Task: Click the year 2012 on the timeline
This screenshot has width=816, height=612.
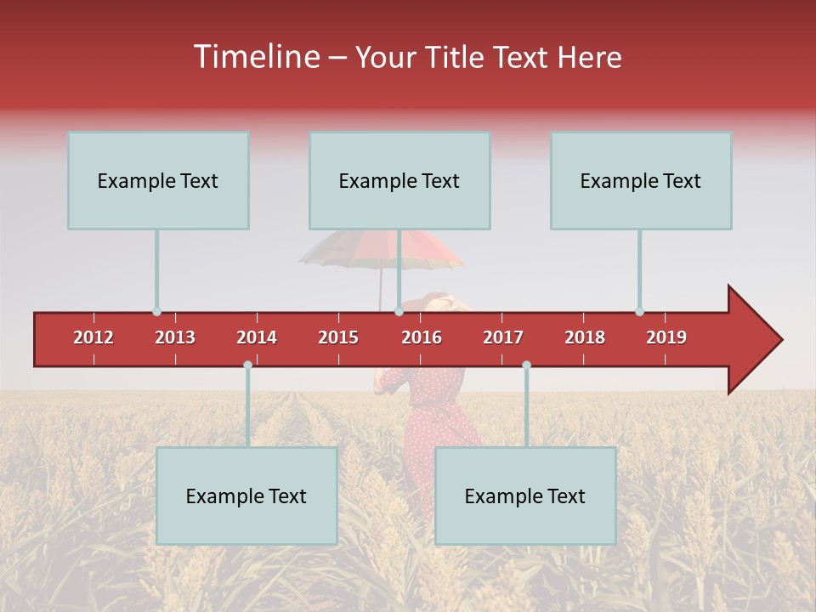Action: tap(93, 337)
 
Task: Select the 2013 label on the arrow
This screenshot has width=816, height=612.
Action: tap(175, 337)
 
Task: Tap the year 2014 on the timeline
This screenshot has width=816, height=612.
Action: tap(257, 337)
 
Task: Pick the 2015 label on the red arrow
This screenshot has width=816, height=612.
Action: tap(338, 337)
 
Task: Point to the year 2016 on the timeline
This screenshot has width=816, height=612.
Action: tap(422, 337)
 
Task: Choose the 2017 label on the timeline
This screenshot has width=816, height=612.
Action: tap(503, 337)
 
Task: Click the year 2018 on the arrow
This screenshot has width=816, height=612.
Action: tap(585, 337)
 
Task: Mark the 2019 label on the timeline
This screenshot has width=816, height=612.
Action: tap(666, 337)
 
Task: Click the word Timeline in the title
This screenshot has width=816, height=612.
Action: tap(255, 57)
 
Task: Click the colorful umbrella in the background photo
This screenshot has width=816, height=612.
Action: tap(382, 249)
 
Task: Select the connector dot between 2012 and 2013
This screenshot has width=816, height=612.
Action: tap(156, 312)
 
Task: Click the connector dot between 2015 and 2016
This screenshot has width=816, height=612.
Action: tap(399, 312)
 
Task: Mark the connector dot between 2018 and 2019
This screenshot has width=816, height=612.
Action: tap(639, 312)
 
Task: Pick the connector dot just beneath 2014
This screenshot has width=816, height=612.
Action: tap(247, 365)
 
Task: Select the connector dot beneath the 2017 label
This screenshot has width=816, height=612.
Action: tap(526, 365)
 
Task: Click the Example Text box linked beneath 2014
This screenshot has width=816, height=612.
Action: tap(246, 496)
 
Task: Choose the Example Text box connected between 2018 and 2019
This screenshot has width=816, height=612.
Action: tap(641, 180)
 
